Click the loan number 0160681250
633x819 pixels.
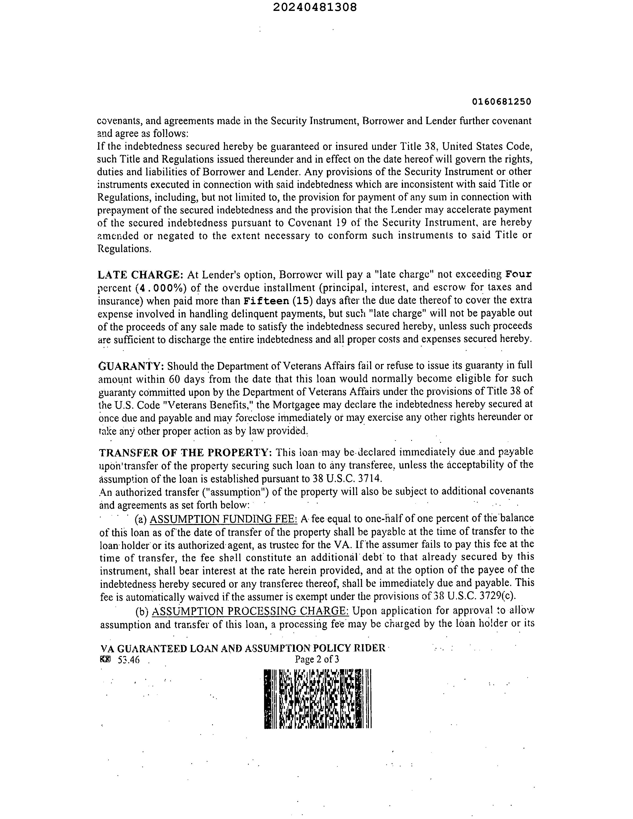(x=501, y=102)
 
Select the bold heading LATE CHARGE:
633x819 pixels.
(x=140, y=275)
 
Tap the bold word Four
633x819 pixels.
(x=518, y=274)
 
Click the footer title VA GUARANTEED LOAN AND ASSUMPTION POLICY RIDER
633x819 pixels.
(x=243, y=648)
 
